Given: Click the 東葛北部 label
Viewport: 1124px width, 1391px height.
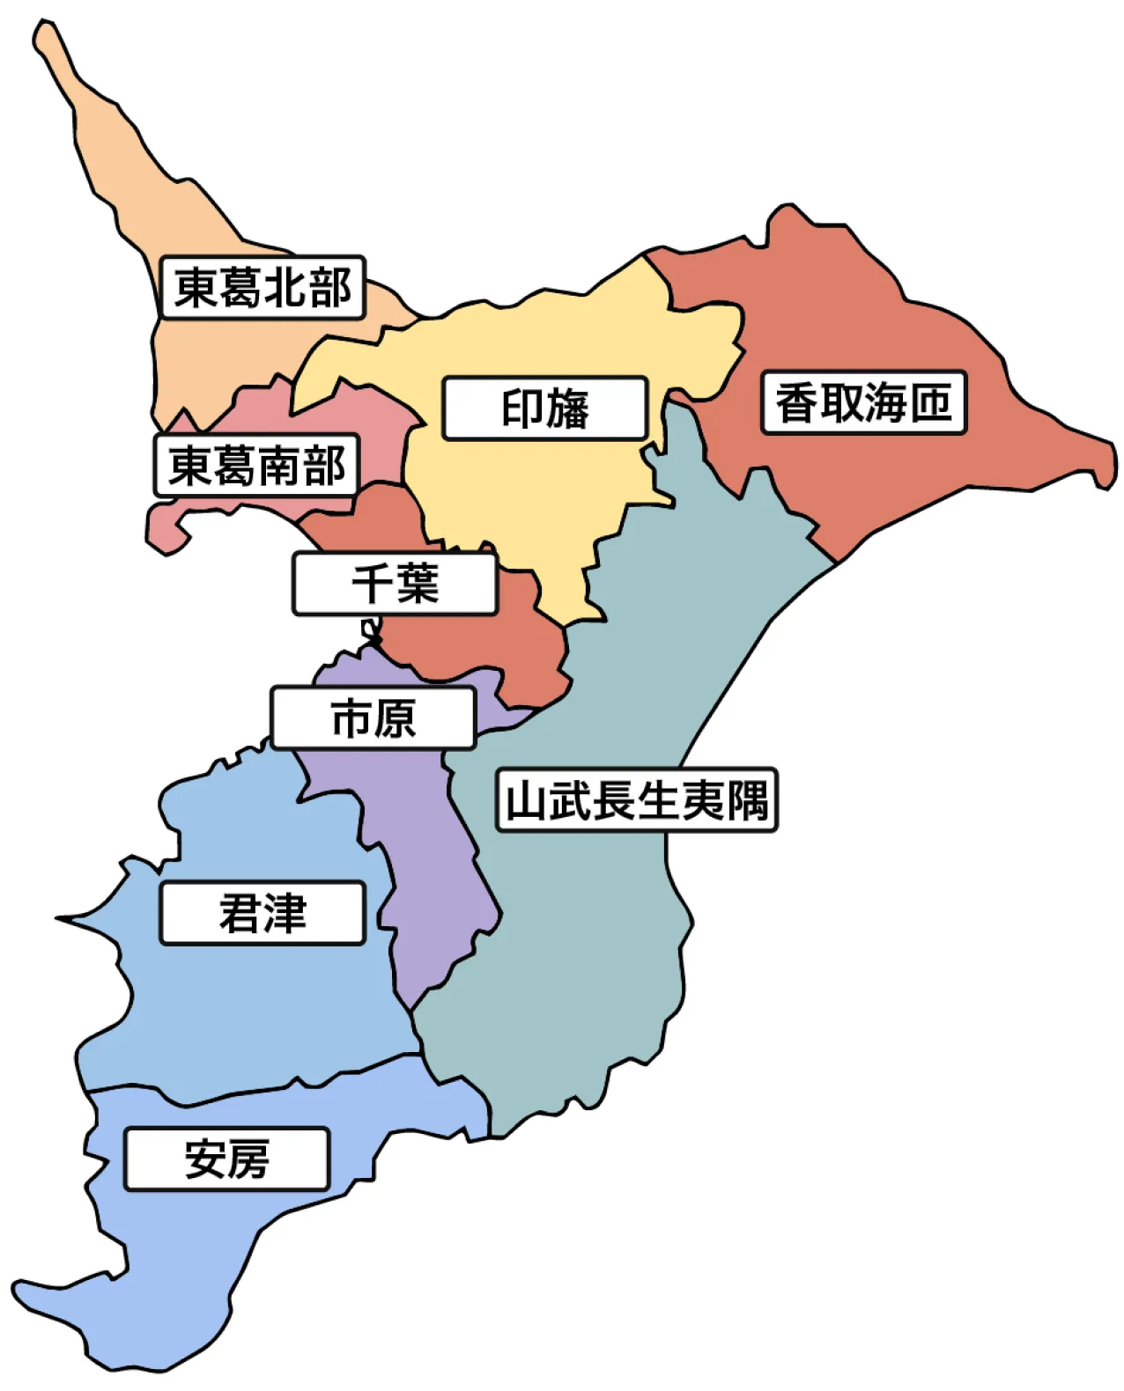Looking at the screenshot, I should click(263, 287).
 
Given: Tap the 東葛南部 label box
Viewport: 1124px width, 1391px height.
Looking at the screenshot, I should click(256, 465).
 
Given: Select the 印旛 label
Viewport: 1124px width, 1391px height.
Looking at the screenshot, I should click(545, 408).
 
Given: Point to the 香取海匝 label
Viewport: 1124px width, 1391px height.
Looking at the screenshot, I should click(863, 403).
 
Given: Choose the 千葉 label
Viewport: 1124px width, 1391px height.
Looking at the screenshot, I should click(395, 584).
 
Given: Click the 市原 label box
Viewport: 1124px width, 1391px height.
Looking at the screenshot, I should click(373, 718).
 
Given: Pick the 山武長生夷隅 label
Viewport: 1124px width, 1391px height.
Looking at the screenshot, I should click(637, 800).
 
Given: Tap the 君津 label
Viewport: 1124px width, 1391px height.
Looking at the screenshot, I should click(263, 913).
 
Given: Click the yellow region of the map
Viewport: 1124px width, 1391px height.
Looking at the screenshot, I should click(529, 493).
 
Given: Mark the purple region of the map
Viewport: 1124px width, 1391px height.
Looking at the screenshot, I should click(432, 880).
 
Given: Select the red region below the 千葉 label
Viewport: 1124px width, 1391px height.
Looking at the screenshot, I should click(493, 651).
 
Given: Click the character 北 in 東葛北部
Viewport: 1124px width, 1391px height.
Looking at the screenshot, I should click(284, 287).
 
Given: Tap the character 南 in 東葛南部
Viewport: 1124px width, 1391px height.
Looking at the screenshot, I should click(278, 465).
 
